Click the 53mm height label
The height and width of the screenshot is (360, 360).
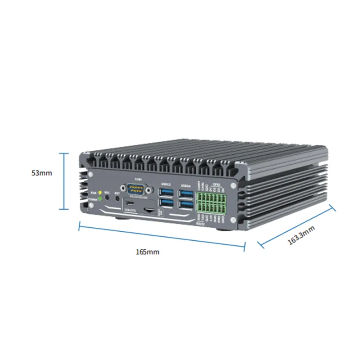(42, 173)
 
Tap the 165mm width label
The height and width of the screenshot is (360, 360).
(147, 252)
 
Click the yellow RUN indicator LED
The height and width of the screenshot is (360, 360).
(100, 192)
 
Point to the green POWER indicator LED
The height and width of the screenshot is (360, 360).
(100, 198)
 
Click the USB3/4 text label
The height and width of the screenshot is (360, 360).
(185, 185)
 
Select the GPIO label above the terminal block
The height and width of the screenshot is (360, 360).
(216, 184)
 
